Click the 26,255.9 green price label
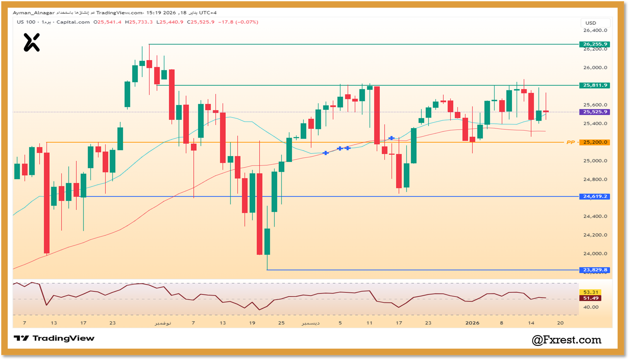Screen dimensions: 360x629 point(595,44)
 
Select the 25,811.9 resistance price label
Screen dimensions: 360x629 point(595,85)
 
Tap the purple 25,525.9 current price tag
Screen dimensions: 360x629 point(595,112)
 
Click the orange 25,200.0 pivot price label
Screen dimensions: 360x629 point(595,142)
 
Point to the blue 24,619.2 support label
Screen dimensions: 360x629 point(595,197)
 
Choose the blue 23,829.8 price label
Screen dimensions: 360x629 point(595,270)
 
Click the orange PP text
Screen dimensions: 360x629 point(570,142)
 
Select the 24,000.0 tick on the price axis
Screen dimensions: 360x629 point(595,253)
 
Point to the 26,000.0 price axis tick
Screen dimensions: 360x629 point(595,68)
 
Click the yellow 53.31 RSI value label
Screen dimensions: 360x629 point(590,292)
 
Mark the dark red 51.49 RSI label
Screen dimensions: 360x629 point(590,298)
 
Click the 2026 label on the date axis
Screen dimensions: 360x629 point(472,323)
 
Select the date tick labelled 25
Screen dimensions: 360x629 point(281,323)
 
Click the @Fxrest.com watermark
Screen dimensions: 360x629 point(566,340)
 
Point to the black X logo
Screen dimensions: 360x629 point(31,42)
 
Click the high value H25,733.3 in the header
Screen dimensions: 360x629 point(139,22)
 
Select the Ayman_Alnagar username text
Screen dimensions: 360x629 point(34,13)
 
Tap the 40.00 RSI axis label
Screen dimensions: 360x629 point(590,307)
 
